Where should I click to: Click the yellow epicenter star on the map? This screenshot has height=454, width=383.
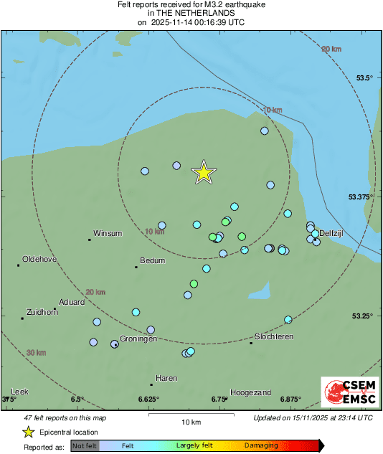[204, 173]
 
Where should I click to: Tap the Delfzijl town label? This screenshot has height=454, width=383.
[334, 233]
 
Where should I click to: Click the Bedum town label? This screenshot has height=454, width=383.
[153, 260]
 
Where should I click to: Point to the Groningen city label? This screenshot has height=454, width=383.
[138, 339]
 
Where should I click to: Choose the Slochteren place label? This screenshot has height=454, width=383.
[274, 336]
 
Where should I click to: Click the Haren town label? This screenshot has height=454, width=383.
[166, 378]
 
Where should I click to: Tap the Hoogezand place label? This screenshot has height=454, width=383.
[251, 392]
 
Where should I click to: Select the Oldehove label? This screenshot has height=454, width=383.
[40, 259]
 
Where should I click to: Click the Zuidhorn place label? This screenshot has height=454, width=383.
[42, 312]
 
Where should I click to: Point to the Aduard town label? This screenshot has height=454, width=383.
[72, 302]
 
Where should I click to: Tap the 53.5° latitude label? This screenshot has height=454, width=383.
[365, 78]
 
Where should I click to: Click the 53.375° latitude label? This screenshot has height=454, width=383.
[361, 197]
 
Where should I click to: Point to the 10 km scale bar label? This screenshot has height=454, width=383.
[191, 421]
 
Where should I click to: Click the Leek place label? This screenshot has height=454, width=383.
[19, 392]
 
